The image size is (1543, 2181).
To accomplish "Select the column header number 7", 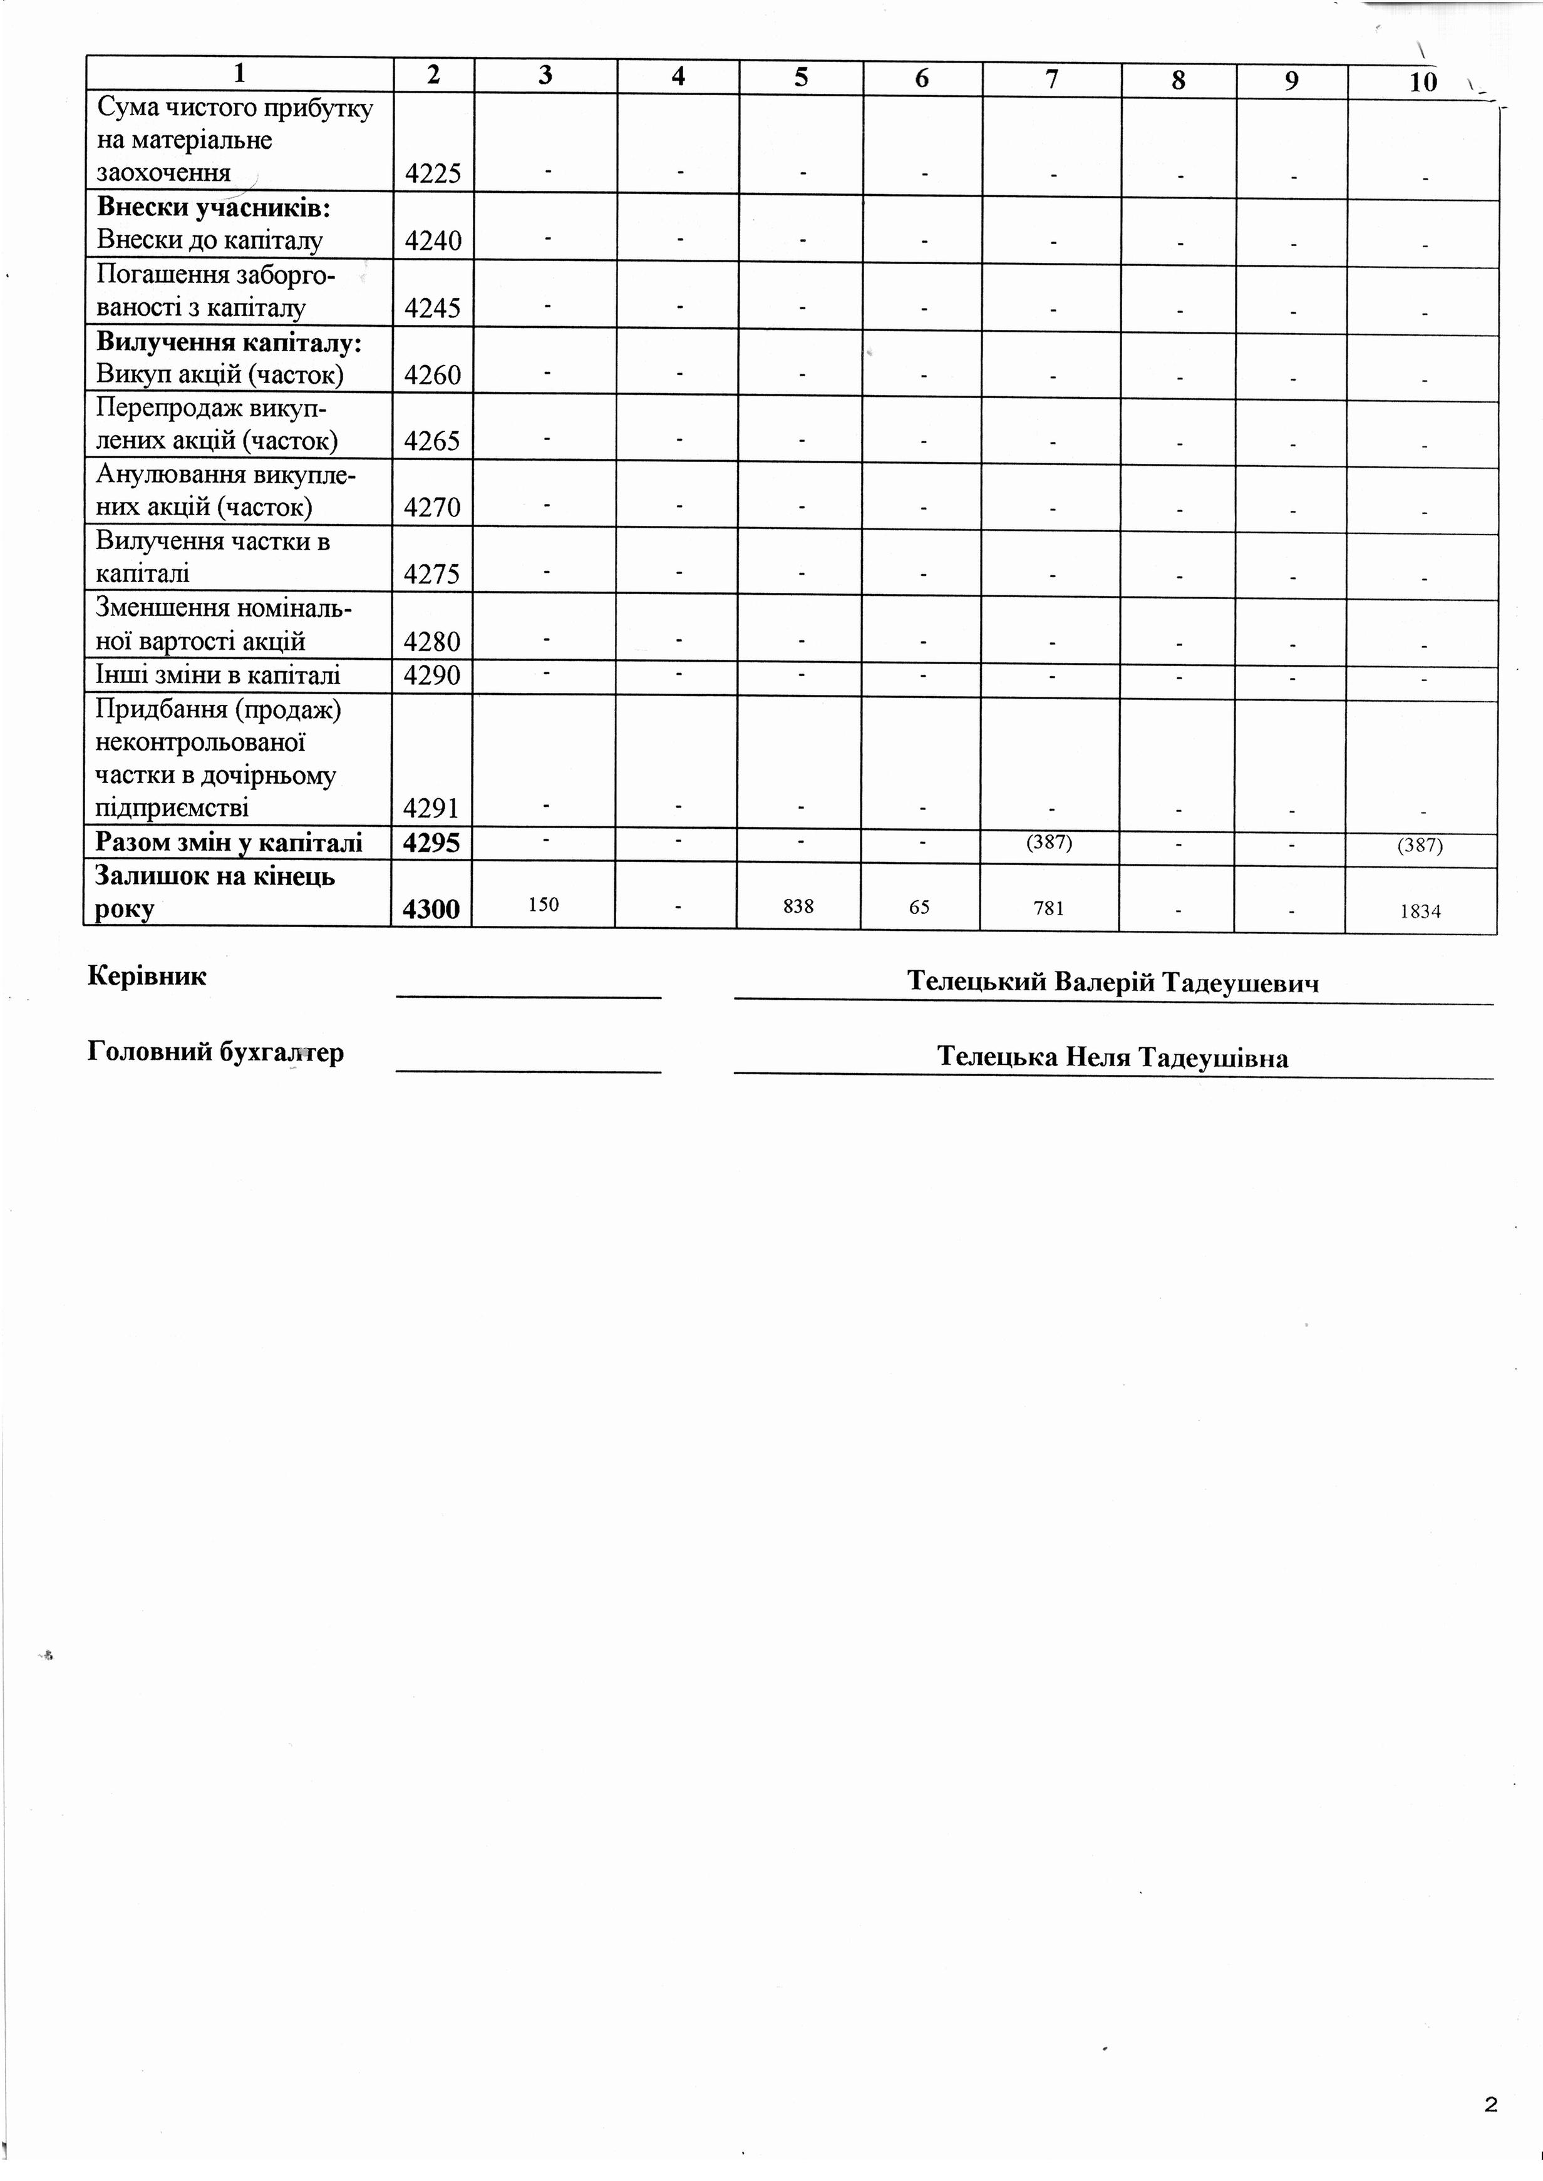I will point(1052,78).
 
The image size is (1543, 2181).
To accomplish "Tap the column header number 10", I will point(1422,81).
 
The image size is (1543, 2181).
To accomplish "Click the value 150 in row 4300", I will point(544,905).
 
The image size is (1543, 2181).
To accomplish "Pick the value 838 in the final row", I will point(798,906).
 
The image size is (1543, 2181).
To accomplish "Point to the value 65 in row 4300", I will point(919,907).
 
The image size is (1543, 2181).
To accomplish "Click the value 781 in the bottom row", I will point(1049,908).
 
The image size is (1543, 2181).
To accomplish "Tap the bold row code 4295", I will point(432,843).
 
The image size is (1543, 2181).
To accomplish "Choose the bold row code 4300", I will point(431,909).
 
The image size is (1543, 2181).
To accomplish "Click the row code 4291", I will point(432,808).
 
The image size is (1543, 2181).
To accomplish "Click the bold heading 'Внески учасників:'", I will point(214,207).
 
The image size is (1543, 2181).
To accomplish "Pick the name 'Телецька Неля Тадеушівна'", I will point(1113,1057).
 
